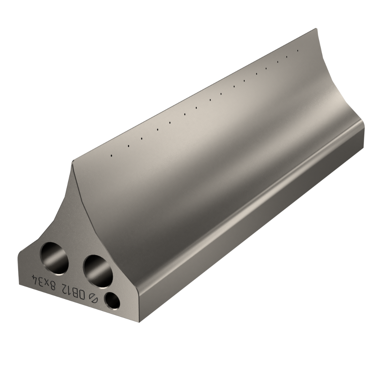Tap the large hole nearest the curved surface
click(98, 271)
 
